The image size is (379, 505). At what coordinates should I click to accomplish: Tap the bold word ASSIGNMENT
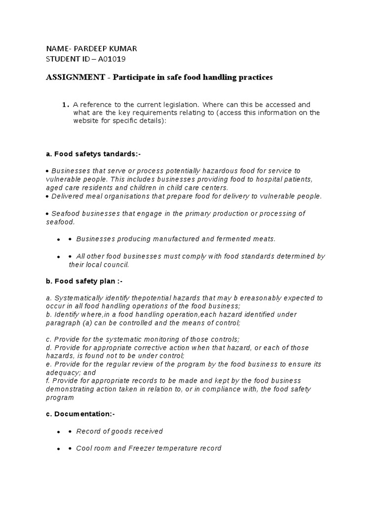pyautogui.click(x=76, y=78)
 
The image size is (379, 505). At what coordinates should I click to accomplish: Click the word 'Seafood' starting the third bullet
pyautogui.click(x=66, y=214)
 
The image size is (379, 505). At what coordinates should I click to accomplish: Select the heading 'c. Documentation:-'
pyautogui.click(x=80, y=414)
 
